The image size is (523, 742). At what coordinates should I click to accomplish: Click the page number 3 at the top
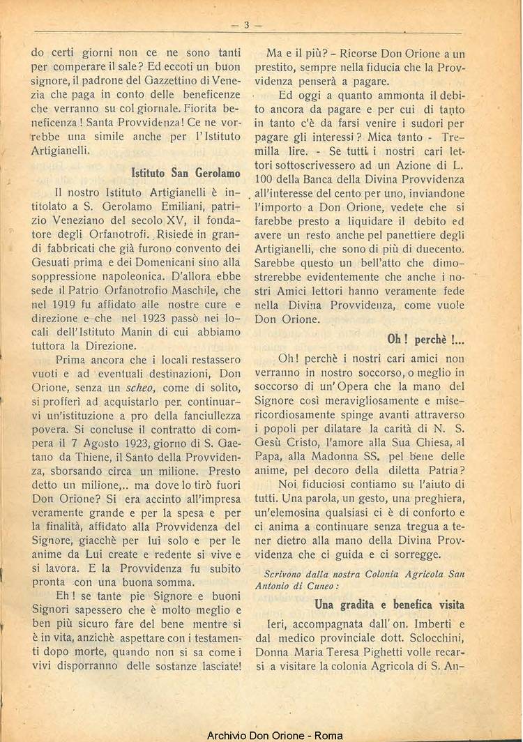point(246,25)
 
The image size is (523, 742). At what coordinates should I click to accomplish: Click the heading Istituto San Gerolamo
point(185,172)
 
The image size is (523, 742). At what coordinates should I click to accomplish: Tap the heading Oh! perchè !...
point(425,340)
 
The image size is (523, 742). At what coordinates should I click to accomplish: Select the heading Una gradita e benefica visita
point(389,604)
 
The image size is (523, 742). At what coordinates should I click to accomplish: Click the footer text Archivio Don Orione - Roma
point(264,735)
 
